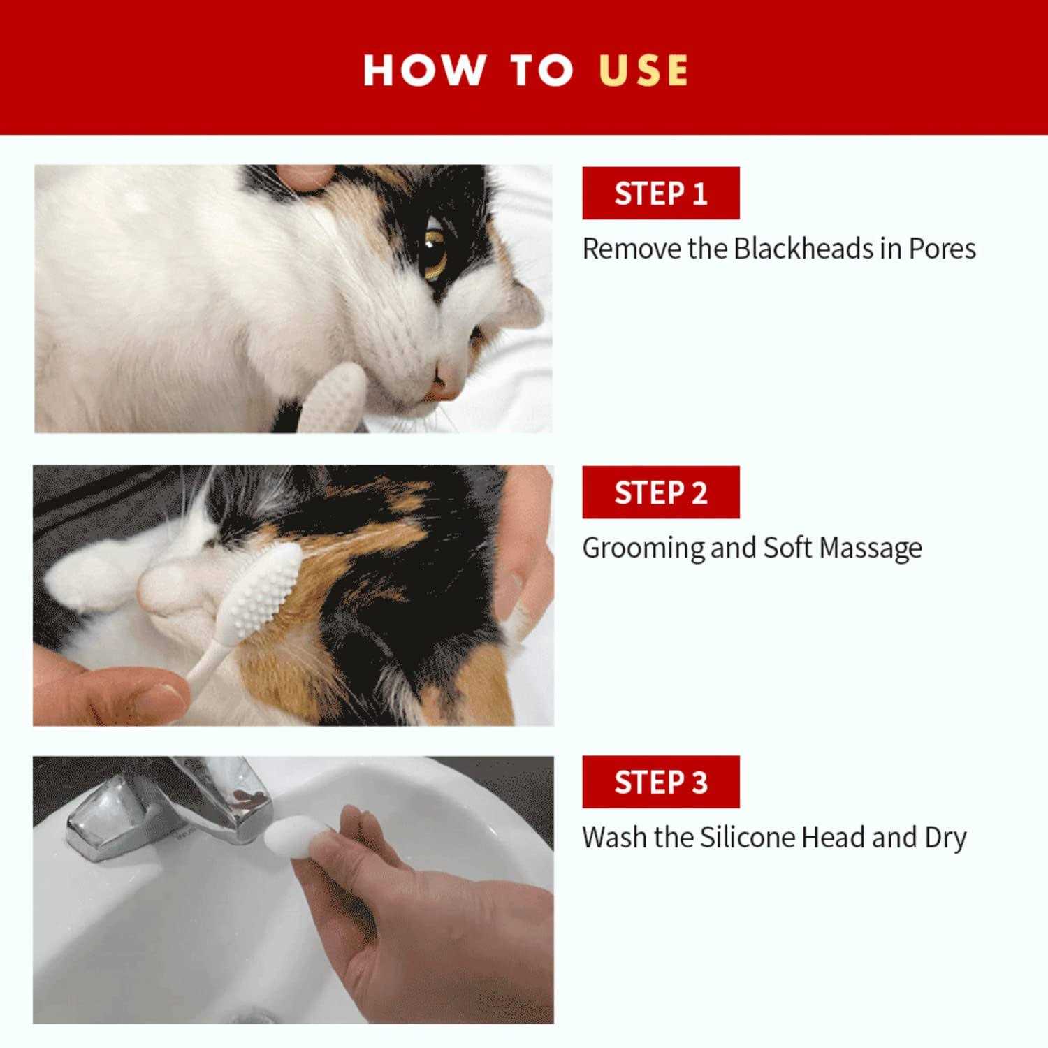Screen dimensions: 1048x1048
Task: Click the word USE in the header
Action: pos(643,70)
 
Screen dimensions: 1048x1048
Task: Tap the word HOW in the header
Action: pos(425,70)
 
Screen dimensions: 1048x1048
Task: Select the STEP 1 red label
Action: pos(661,193)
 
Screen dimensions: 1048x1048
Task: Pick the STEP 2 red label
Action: pos(661,493)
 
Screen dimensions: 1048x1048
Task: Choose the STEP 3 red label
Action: pos(661,782)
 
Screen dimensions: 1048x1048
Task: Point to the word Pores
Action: pos(942,249)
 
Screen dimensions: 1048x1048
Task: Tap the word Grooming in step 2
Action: pos(643,549)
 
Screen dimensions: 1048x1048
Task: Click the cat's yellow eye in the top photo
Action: pos(435,252)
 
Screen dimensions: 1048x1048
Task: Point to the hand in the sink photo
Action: pos(419,922)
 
